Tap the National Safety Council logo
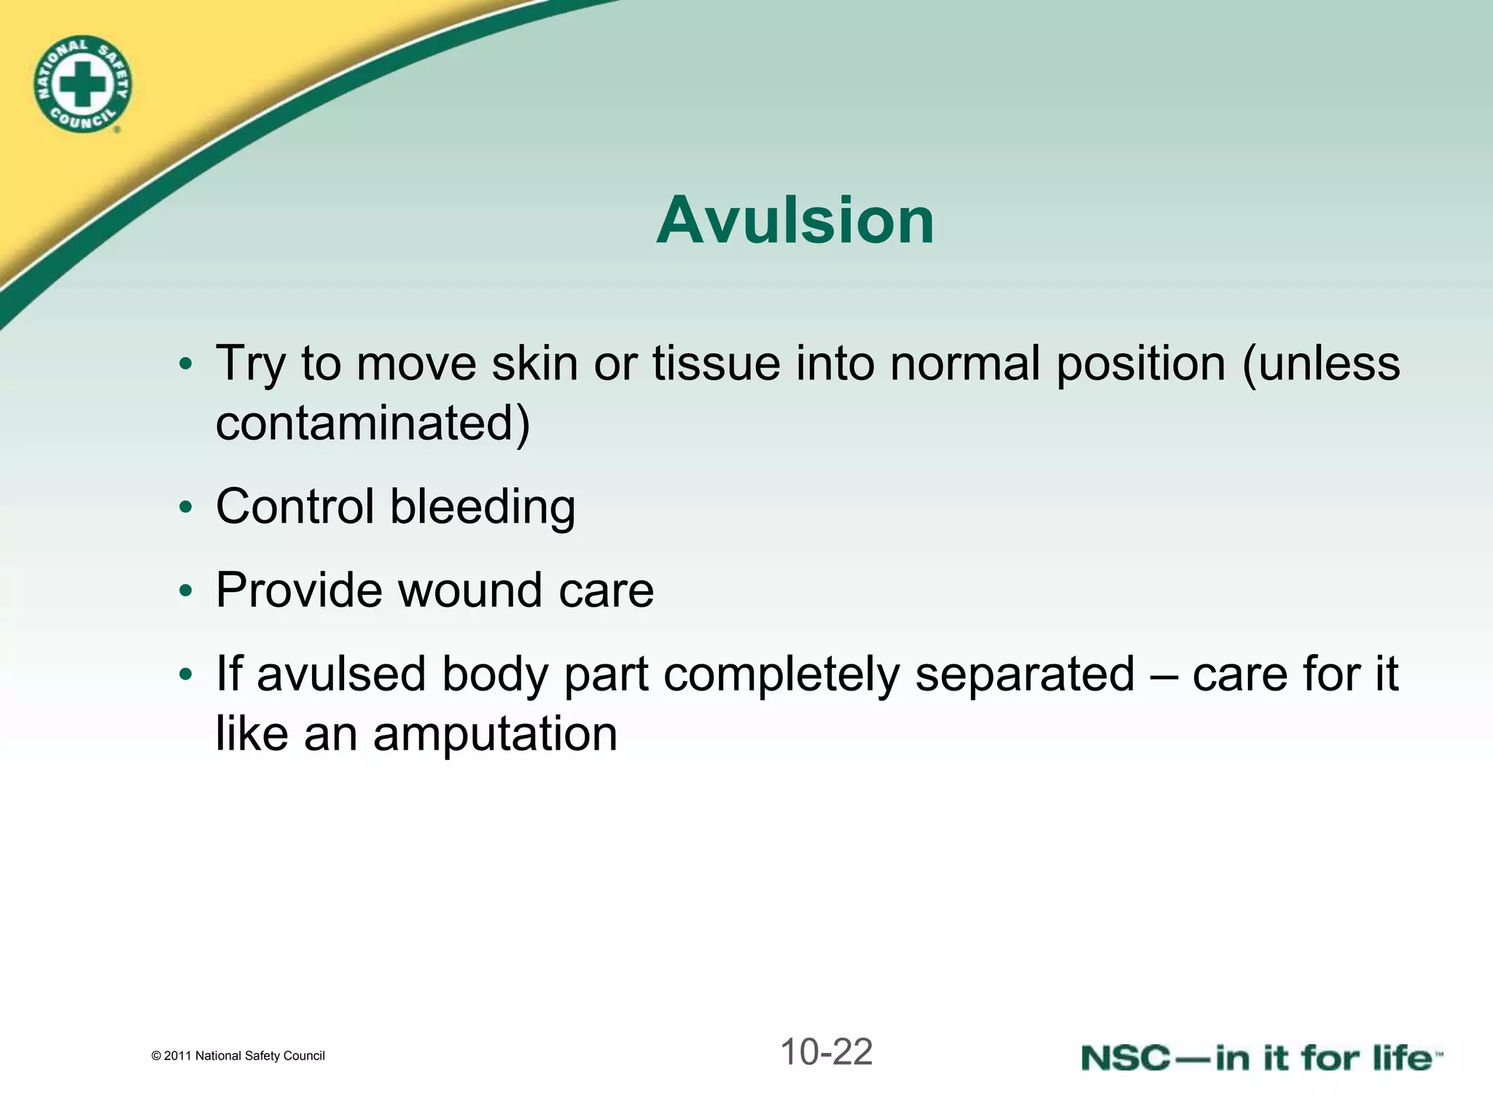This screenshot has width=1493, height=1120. point(82,85)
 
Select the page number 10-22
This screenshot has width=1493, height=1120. point(826,1052)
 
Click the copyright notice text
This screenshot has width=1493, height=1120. point(238,1056)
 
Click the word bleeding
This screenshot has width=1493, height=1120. point(483,507)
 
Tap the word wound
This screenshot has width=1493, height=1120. point(470,590)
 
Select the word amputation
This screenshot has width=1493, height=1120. point(495,734)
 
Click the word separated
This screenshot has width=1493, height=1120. point(1024,674)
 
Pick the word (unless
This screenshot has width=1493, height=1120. point(1320,363)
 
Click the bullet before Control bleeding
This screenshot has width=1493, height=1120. point(186,507)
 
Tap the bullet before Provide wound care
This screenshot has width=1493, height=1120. point(186,591)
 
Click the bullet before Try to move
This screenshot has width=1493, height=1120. point(186,363)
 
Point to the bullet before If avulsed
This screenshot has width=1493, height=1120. point(186,674)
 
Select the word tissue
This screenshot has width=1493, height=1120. point(716,363)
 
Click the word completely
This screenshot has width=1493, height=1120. point(781,675)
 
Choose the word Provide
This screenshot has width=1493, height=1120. point(299,590)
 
